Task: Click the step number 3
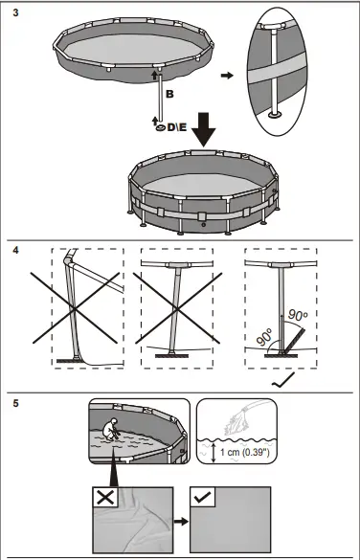point(15,12)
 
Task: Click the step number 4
point(15,250)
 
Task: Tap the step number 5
point(15,404)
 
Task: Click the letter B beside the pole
point(170,94)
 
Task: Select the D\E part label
point(177,127)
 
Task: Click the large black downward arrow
point(204,129)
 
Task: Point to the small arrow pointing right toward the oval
point(227,76)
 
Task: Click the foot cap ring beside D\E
point(161,128)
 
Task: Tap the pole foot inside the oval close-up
point(275,115)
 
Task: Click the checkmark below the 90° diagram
point(282,380)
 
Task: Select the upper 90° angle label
point(298,315)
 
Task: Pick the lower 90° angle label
point(264,337)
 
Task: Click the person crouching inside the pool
point(111,429)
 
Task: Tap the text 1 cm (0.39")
point(245,452)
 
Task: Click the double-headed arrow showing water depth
point(214,453)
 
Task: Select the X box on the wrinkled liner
point(105,497)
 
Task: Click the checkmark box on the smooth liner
point(203,497)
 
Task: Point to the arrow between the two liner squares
point(181,522)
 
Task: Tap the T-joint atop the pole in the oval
point(274,27)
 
